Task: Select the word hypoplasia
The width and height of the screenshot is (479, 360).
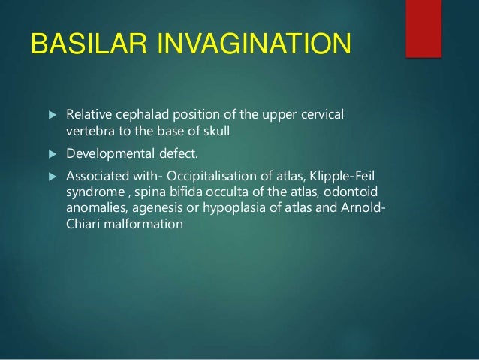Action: click(227, 208)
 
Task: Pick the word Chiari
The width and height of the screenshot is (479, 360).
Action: click(75, 224)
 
